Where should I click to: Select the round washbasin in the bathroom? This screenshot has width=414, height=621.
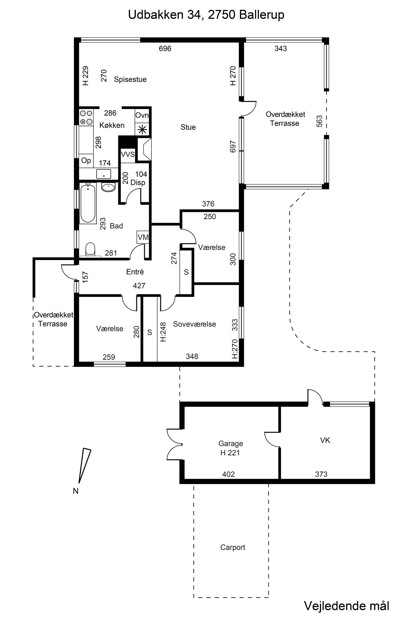coord(108,187)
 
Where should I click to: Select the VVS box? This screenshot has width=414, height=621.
coord(128,154)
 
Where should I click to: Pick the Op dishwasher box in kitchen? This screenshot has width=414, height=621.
coord(86,161)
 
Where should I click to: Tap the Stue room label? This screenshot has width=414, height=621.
coord(188,127)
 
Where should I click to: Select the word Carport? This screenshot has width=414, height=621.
coord(233,547)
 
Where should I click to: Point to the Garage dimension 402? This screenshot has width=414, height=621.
coord(228,474)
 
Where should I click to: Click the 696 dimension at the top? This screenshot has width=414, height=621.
coord(165,49)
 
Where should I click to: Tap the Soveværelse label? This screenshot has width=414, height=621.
coord(195,324)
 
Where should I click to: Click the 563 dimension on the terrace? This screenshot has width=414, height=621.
coord(319,121)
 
